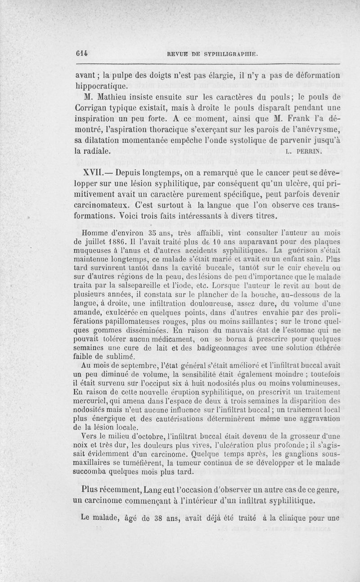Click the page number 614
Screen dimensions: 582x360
(x=81, y=53)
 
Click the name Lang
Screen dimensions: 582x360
(x=169, y=490)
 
